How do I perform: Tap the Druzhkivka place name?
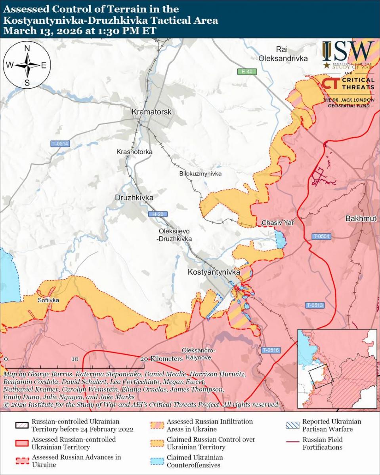click(x=134, y=198)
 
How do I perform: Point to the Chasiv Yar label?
click(x=277, y=223)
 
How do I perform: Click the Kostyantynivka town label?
click(x=214, y=272)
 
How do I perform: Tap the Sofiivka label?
click(x=48, y=300)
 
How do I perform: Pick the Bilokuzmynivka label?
click(x=200, y=174)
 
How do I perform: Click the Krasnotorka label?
click(x=134, y=152)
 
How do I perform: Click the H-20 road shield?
click(x=158, y=214)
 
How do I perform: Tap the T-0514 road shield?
click(x=60, y=144)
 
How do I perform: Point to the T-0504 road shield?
click(x=321, y=236)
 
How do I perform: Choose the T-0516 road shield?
click(x=271, y=350)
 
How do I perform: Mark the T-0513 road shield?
click(x=315, y=305)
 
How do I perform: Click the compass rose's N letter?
click(x=27, y=49)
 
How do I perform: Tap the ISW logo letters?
click(x=348, y=51)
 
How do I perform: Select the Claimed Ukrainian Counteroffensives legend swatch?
click(x=157, y=461)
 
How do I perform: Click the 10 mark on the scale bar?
click(x=75, y=359)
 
